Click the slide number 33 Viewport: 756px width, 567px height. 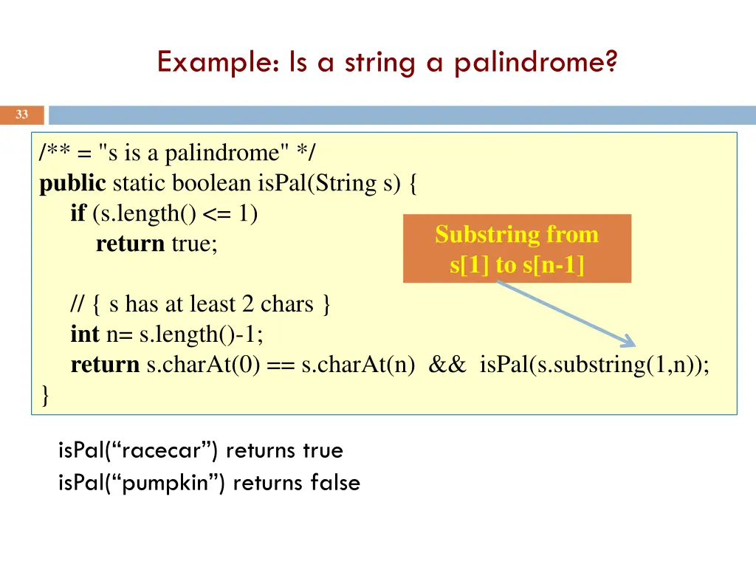22,114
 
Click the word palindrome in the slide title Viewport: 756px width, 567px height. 535,63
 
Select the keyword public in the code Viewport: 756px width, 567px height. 72,183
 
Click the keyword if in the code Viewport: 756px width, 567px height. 78,213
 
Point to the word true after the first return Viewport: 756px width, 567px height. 194,244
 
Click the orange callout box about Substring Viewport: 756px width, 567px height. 517,249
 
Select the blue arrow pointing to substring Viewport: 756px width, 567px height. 565,314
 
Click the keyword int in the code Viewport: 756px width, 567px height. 85,334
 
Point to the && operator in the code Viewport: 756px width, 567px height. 447,365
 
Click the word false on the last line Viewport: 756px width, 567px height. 335,483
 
